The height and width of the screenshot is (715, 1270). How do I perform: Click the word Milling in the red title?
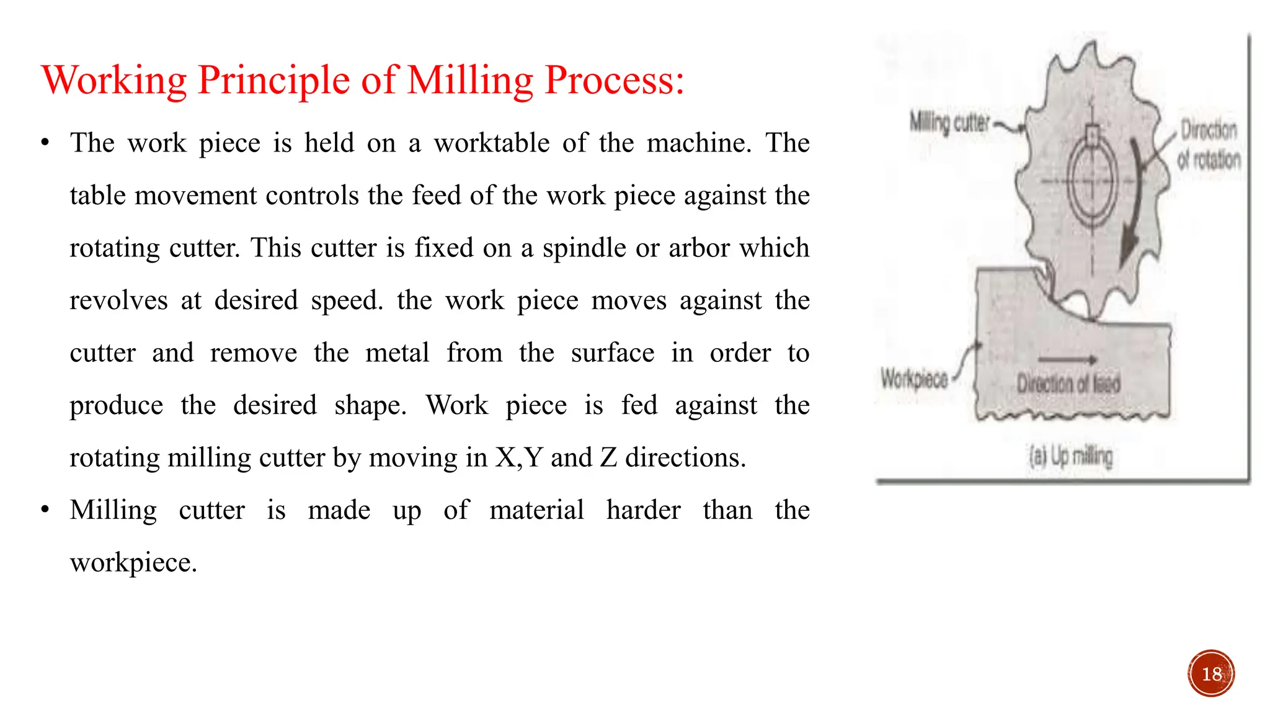pyautogui.click(x=470, y=81)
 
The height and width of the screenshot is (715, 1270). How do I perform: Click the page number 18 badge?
pyautogui.click(x=1211, y=673)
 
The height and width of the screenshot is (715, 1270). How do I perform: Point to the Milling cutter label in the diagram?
pyautogui.click(x=949, y=123)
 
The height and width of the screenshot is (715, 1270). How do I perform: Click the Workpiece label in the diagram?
pyautogui.click(x=914, y=378)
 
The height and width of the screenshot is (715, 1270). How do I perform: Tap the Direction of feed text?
pyautogui.click(x=1068, y=384)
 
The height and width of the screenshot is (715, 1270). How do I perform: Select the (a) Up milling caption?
pyautogui.click(x=1070, y=457)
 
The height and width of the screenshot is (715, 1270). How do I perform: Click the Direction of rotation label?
pyautogui.click(x=1209, y=145)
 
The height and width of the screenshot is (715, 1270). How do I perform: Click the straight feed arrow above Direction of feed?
pyautogui.click(x=1067, y=359)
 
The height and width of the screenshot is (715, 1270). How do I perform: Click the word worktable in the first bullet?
pyautogui.click(x=491, y=143)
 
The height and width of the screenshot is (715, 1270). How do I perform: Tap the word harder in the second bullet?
pyautogui.click(x=643, y=511)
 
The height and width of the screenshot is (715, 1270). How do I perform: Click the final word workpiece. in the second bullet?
pyautogui.click(x=133, y=563)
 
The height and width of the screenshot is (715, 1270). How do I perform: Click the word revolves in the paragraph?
pyautogui.click(x=118, y=301)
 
